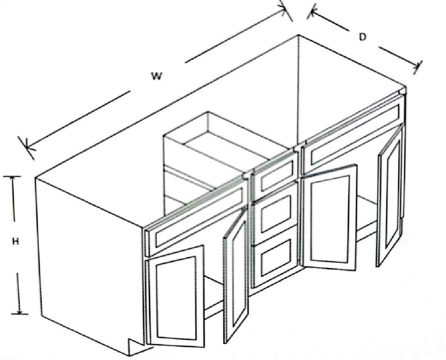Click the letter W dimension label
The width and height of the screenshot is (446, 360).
(x=157, y=76)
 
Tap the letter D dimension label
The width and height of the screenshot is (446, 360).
(x=362, y=37)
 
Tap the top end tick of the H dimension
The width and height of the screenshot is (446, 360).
(x=12, y=177)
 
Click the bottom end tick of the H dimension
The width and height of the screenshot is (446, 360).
(x=20, y=314)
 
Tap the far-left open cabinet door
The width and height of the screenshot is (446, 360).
(x=175, y=297)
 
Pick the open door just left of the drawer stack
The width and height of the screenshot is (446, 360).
(x=236, y=274)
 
